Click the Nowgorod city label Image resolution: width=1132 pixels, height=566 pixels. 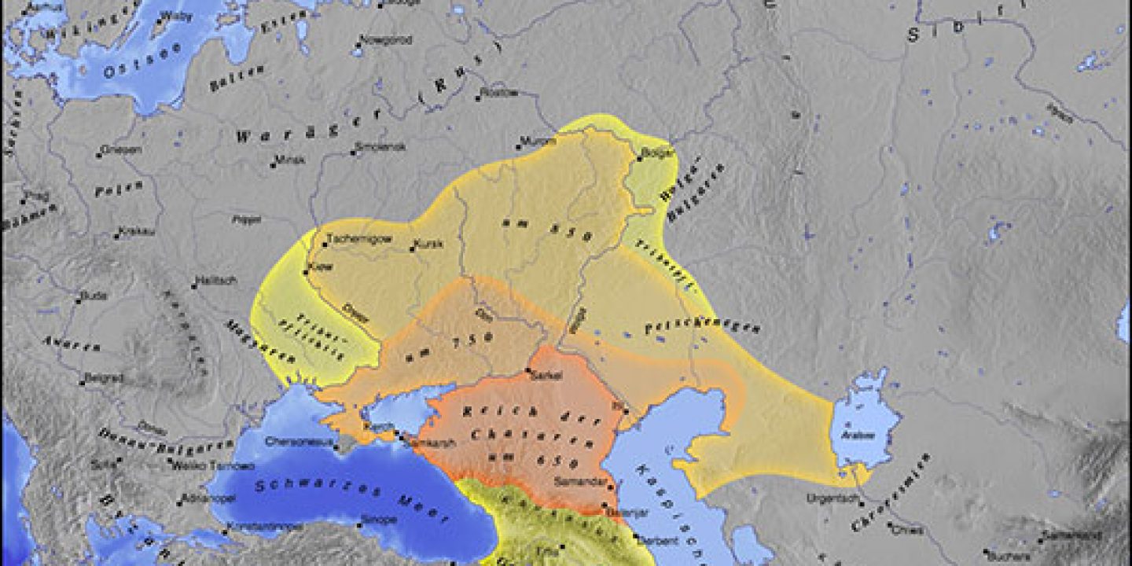pyautogui.click(x=382, y=40)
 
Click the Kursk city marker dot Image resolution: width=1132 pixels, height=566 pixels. pyautogui.click(x=412, y=250)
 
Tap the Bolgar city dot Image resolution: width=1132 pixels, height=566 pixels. pyautogui.click(x=638, y=159)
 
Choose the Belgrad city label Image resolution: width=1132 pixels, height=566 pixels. pyautogui.click(x=105, y=377)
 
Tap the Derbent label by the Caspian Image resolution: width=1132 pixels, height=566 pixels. pyautogui.click(x=641, y=541)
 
